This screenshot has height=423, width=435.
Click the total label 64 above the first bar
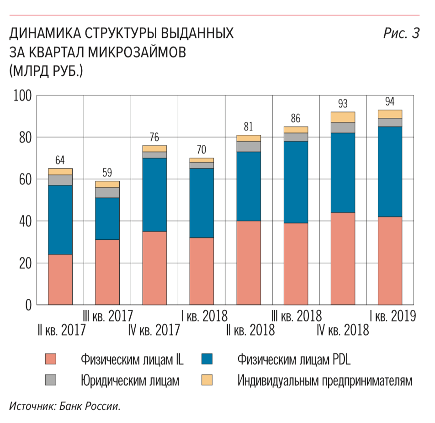(x=60, y=160)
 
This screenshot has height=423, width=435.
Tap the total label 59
(x=107, y=173)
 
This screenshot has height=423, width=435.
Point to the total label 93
(x=343, y=104)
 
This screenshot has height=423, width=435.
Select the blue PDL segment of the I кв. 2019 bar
(x=390, y=171)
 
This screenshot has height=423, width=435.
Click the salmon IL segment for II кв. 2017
(x=60, y=279)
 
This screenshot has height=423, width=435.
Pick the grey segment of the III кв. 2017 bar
(x=107, y=192)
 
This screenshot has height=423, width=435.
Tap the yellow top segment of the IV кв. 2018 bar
(x=343, y=117)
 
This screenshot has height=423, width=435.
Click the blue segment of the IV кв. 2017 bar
(x=155, y=195)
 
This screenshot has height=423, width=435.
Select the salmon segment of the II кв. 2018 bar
(x=249, y=263)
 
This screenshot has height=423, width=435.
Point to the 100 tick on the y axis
(x=22, y=96)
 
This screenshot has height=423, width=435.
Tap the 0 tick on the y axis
(x=28, y=305)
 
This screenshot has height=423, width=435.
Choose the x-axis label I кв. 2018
(x=204, y=316)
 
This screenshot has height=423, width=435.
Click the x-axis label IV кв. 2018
(x=343, y=330)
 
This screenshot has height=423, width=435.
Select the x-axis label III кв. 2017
(x=107, y=316)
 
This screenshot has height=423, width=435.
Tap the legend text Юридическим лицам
(x=130, y=380)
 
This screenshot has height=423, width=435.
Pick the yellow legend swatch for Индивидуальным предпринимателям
(x=207, y=380)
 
